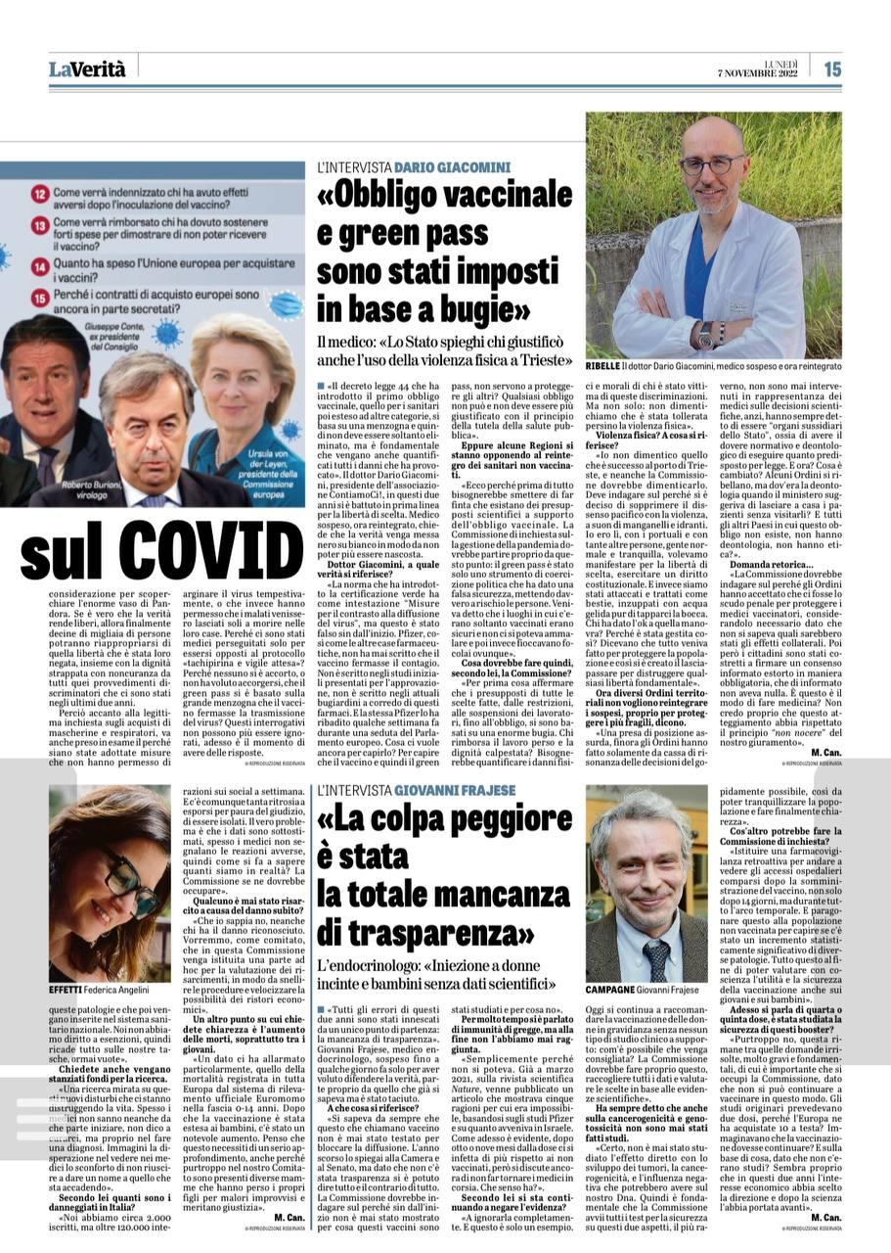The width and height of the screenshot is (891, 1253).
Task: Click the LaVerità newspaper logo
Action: [87, 69]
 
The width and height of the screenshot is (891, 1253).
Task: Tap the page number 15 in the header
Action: [831, 69]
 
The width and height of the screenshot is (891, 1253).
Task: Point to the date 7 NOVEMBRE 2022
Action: [751, 74]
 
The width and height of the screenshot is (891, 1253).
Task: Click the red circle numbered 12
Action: [40, 194]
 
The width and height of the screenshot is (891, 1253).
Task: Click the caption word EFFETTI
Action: [67, 990]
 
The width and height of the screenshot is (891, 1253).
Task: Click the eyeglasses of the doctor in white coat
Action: [712, 163]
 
